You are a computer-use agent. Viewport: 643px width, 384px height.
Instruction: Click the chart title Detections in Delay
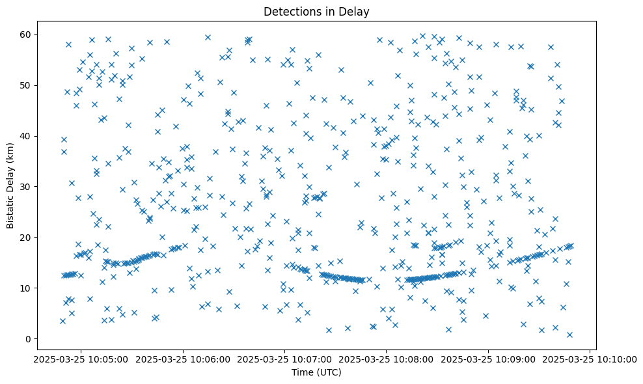tap(316, 11)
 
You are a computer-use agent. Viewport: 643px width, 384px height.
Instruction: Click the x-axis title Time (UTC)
tap(316, 373)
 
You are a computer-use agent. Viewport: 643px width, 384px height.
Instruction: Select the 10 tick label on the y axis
tap(27, 288)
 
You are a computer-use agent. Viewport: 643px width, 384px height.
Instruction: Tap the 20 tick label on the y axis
tap(27, 238)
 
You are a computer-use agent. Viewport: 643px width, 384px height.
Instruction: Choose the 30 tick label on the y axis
tap(27, 187)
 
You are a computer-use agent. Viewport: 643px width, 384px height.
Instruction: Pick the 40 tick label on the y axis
tap(27, 136)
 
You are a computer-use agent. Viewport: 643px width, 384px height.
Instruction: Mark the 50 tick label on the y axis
tap(27, 85)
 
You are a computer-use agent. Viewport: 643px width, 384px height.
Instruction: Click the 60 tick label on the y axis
tap(27, 34)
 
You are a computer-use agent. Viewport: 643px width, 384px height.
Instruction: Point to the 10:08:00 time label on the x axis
tap(386, 359)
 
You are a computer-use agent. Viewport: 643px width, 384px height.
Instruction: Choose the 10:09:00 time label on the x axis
tap(488, 359)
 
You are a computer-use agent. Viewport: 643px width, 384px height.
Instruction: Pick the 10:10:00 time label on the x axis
tap(590, 359)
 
